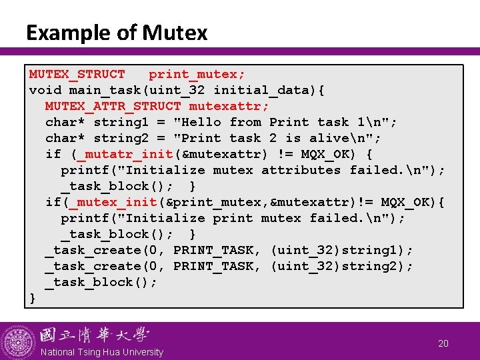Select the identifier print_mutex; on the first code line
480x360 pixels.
point(197,74)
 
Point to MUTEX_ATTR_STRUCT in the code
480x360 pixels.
point(113,106)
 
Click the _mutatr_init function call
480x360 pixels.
point(125,154)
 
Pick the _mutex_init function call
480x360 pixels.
point(116,202)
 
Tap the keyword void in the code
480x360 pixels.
point(45,90)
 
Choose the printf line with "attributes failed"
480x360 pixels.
point(253,170)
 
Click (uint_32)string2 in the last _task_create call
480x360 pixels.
point(342,266)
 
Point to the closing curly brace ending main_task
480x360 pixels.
point(33,298)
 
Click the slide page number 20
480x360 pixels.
point(443,343)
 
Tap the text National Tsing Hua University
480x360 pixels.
point(102,352)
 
